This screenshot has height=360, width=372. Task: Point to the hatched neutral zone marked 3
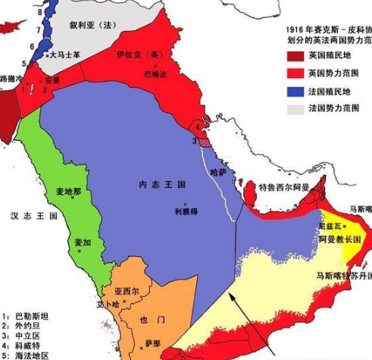click(x=204, y=139)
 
